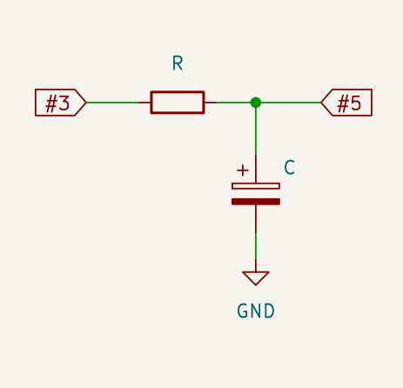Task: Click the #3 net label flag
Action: click(60, 103)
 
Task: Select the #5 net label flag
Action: click(346, 103)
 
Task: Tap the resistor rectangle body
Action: click(178, 103)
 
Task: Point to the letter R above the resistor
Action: click(178, 63)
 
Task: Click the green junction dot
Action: click(256, 103)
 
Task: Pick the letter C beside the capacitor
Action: click(289, 167)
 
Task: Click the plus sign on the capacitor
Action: click(243, 171)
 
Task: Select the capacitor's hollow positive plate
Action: click(256, 186)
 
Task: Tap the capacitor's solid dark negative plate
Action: click(256, 202)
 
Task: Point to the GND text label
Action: click(256, 311)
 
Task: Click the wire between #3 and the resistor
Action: click(112, 103)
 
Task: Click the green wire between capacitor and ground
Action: click(256, 245)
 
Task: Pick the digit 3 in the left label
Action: click(64, 103)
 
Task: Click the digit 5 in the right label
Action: click(356, 103)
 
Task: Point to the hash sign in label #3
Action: click(51, 104)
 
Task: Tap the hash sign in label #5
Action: click(343, 104)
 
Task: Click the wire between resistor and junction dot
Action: click(233, 103)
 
